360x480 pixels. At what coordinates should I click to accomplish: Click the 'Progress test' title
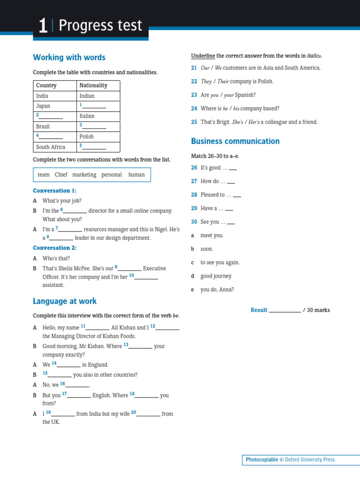(100, 26)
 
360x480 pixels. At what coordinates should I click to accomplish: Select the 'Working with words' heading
(69, 57)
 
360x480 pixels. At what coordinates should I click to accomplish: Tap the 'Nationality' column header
(93, 85)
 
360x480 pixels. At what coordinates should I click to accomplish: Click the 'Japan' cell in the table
(43, 106)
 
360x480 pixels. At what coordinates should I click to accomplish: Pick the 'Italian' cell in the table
(87, 116)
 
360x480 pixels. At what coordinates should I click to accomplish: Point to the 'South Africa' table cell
(51, 147)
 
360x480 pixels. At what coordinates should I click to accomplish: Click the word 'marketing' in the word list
(84, 174)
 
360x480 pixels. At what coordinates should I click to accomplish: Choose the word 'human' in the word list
(136, 174)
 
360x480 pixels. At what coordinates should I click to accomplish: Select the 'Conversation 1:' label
(54, 191)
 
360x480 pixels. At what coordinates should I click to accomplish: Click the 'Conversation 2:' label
(54, 248)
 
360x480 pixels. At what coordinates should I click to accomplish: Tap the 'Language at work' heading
(65, 301)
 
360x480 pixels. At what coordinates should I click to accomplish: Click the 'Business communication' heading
(235, 141)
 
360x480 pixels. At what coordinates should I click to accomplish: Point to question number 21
(194, 68)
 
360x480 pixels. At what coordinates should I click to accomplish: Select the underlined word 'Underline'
(203, 56)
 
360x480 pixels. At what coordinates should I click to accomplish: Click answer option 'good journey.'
(216, 276)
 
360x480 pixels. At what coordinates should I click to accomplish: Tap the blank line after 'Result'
(285, 311)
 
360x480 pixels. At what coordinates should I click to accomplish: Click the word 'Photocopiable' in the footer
(262, 460)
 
